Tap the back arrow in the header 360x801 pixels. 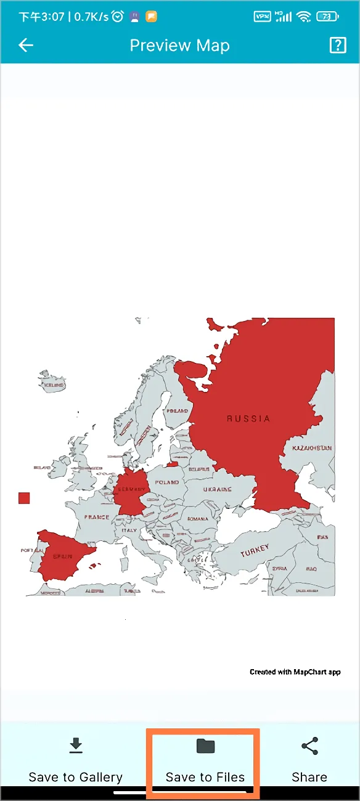(x=26, y=45)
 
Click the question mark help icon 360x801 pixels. (x=338, y=45)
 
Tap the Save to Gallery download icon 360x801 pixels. (x=76, y=746)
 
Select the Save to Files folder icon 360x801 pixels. (x=205, y=746)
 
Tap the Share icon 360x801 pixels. (x=309, y=746)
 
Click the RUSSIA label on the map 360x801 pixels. (x=248, y=418)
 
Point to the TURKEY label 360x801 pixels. (x=255, y=550)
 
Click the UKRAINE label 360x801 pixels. (x=217, y=489)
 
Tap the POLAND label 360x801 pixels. (x=167, y=482)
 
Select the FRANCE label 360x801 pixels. (x=97, y=517)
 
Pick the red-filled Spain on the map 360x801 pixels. (x=62, y=556)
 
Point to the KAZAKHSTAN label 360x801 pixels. (x=312, y=448)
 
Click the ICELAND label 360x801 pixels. (x=54, y=385)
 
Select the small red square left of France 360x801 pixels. (x=24, y=498)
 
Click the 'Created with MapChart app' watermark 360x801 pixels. (x=295, y=672)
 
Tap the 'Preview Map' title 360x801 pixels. (x=179, y=45)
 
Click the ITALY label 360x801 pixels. (x=129, y=530)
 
